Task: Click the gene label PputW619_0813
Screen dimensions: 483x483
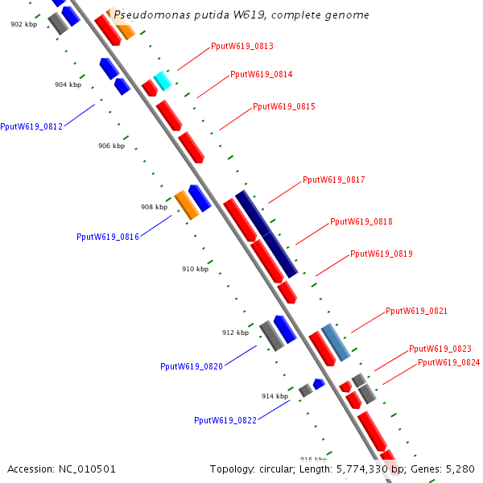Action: click(242, 47)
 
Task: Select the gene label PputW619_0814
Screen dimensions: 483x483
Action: click(261, 75)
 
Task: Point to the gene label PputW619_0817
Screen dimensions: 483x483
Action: click(333, 180)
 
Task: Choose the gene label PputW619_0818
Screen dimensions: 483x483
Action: click(361, 222)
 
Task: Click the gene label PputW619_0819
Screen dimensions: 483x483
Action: click(381, 254)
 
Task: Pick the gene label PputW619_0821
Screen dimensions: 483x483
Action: click(416, 312)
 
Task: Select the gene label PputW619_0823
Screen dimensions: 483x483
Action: click(440, 349)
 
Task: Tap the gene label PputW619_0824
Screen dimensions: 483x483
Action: click(448, 363)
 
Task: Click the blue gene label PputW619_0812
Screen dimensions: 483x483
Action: click(31, 127)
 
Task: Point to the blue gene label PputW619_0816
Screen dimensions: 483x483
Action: click(108, 237)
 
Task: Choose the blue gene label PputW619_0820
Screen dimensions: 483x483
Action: click(192, 367)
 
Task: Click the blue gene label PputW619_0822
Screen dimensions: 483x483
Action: click(225, 420)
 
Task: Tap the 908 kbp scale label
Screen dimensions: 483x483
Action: click(154, 208)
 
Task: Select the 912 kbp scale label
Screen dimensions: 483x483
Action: click(235, 332)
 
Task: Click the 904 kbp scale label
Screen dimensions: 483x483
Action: click(68, 85)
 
